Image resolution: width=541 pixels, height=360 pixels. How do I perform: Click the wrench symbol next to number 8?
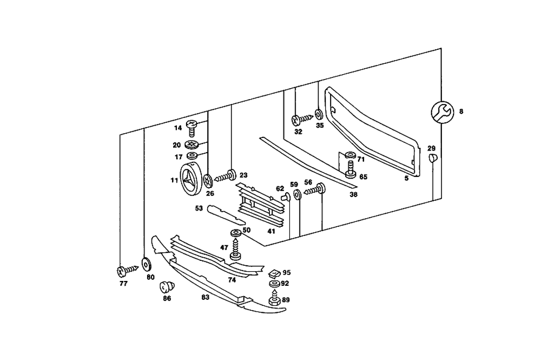[x=441, y=112]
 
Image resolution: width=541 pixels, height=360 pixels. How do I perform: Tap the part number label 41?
[x=271, y=231]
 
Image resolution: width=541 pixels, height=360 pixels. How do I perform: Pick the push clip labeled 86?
[x=167, y=286]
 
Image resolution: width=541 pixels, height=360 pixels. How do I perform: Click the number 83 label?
[x=205, y=297]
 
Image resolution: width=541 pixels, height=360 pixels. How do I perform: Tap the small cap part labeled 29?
[x=432, y=159]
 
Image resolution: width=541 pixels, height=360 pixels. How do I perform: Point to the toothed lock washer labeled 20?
[x=192, y=145]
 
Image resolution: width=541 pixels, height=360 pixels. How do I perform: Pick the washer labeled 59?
[x=296, y=194]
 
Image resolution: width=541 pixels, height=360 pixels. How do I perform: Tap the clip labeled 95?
[x=274, y=272]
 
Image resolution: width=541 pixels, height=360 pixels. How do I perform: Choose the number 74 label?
[x=232, y=280]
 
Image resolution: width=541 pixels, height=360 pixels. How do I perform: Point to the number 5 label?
[x=406, y=178]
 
